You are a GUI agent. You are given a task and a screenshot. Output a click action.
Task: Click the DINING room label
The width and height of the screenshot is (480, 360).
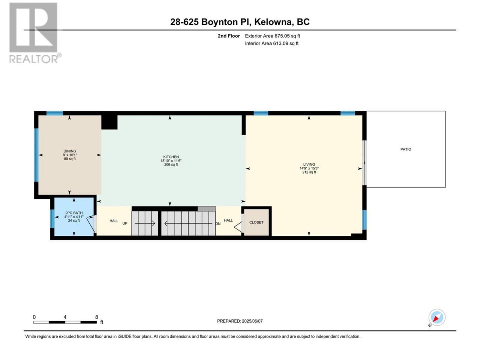coord(70,151)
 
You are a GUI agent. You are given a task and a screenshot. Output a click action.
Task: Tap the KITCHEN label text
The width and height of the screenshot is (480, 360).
coord(171,157)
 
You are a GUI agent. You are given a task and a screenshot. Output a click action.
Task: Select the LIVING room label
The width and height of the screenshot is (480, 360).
coord(309,164)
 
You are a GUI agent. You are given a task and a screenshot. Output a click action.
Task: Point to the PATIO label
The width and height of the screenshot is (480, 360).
coord(406,149)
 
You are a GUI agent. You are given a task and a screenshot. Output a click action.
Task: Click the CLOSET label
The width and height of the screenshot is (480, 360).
coord(256,222)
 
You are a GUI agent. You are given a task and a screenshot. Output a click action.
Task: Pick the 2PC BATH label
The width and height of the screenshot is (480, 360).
coord(74,213)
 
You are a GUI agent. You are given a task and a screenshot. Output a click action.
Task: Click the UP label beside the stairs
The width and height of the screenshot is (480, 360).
coord(125,223)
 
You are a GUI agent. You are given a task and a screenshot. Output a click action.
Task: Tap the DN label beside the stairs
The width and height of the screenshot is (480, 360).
coord(218,224)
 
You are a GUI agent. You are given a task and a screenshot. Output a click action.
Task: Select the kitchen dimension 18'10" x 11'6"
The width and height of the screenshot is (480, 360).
coord(171,160)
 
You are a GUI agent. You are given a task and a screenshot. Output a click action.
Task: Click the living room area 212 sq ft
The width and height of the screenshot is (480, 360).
coord(309,172)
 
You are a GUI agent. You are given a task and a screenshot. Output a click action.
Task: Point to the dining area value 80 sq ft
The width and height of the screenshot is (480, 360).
coord(70,159)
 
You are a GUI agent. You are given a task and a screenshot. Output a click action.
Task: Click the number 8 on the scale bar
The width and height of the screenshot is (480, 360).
coord(96,317)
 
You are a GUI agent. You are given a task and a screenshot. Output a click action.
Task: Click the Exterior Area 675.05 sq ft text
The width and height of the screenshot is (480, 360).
coord(273,36)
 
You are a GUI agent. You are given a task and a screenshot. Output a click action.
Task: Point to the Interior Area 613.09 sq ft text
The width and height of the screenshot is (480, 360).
coord(271,43)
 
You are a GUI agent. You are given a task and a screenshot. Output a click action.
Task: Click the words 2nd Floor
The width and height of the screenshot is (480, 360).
coord(229,36)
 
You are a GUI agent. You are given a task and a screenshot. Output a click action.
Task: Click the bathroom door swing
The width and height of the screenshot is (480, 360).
coord(91,225)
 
